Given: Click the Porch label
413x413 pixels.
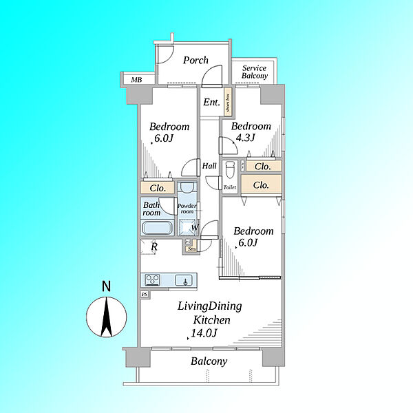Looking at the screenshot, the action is coord(195,61).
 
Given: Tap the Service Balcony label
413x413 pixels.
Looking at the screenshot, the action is coord(255,72).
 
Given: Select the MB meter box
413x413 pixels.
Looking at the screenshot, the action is coord(136,80).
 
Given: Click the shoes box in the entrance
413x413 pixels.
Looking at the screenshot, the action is coord(228,102).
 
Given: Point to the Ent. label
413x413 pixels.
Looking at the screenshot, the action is coord(211,102).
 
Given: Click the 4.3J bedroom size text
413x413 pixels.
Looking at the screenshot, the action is coord(245,137).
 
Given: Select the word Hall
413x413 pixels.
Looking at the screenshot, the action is coord(209,166).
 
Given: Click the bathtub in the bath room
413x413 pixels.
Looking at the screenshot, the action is coord(157,228).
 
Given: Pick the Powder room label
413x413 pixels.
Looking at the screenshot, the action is coord(187,209).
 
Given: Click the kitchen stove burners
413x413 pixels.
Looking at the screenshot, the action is coord(153,279).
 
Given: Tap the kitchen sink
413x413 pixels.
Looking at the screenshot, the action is coord(185,280).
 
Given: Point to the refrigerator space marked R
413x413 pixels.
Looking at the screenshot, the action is coord(148,247).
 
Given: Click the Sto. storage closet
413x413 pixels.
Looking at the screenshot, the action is coord(191,248).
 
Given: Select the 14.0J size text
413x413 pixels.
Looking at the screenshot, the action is coord(204,333).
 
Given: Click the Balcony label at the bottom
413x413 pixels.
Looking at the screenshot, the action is coord(209,361).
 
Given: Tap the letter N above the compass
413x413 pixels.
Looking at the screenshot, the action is coord(106,286).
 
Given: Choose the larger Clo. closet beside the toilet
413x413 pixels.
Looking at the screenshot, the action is coord(262,184).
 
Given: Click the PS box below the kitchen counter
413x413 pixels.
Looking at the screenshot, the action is coord(145,295).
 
